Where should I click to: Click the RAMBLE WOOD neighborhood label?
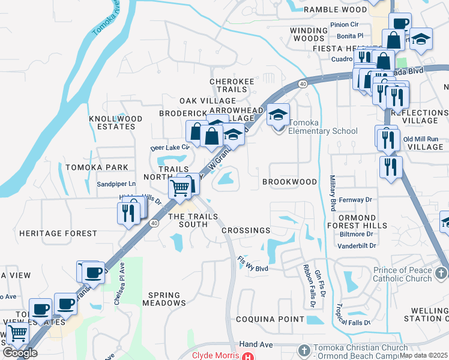pyautogui.click(x=335, y=10)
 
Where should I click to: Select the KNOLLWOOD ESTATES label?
pyautogui.click(x=112, y=123)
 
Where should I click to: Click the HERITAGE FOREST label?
pyautogui.click(x=58, y=233)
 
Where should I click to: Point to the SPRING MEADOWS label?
pyautogui.click(x=164, y=299)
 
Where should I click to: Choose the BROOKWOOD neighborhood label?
pyautogui.click(x=289, y=182)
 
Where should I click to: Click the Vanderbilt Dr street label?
pyautogui.click(x=356, y=246)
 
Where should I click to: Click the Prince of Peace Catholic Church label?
pyautogui.click(x=402, y=274)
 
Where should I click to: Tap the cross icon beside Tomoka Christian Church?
pyautogui.click(x=304, y=349)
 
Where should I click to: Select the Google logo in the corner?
pyautogui.click(x=20, y=353)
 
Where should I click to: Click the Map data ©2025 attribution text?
pyautogui.click(x=423, y=355)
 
